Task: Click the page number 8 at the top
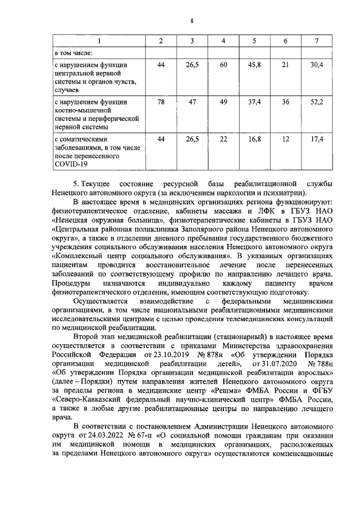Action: click(192, 21)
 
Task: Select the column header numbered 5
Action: click(254, 41)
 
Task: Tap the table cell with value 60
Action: click(223, 65)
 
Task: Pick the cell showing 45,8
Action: click(254, 65)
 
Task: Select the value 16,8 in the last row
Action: click(254, 138)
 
